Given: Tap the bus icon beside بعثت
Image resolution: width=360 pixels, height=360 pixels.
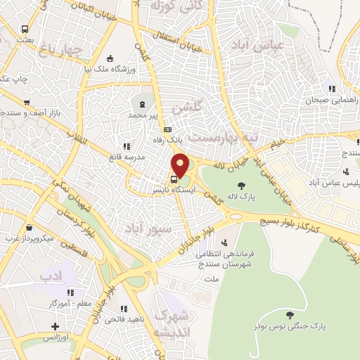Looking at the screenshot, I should click(25, 30).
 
